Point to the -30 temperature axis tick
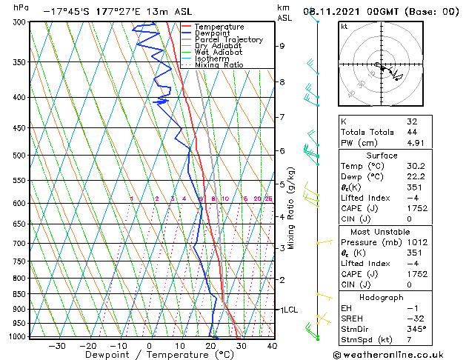(57, 345)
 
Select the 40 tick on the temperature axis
(272, 345)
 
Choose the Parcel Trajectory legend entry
(228, 40)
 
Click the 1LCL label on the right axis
(287, 310)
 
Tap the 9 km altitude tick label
(282, 46)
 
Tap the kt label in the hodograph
(344, 27)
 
